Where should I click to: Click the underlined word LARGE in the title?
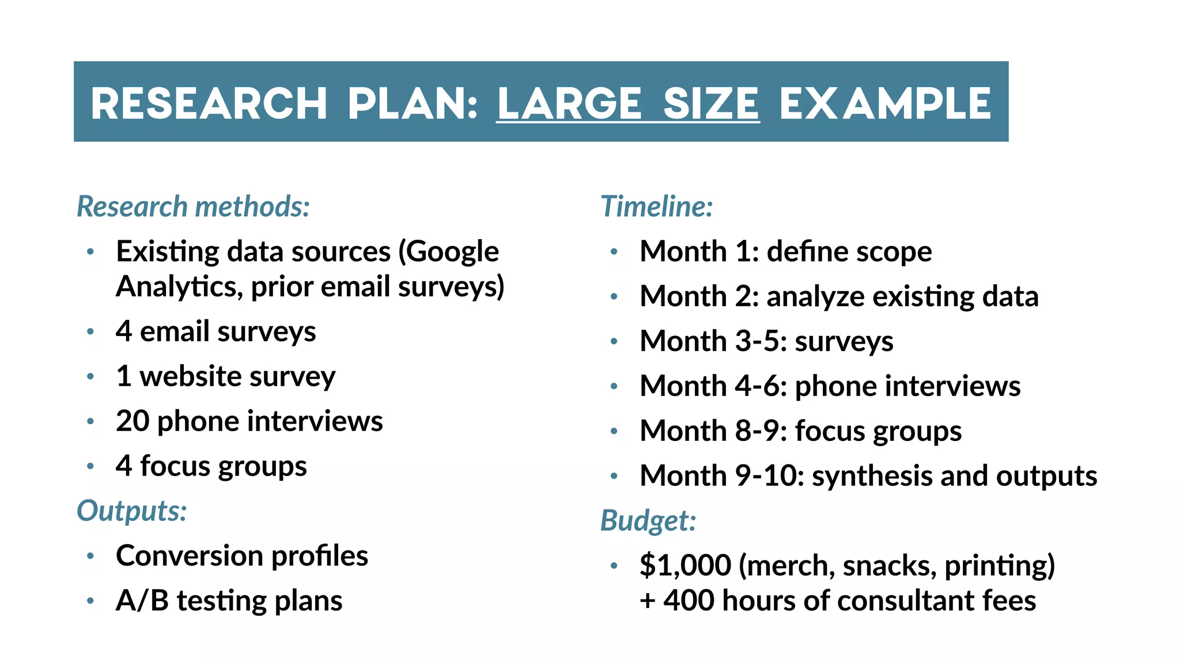click(569, 104)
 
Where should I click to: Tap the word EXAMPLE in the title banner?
click(885, 104)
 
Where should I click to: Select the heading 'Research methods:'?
click(194, 206)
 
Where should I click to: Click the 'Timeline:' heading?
click(657, 206)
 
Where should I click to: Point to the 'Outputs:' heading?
click(132, 511)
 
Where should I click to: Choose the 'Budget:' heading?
click(648, 520)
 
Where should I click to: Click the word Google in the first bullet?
click(453, 252)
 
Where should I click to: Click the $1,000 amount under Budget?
click(685, 565)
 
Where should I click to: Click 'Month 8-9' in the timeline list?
click(713, 431)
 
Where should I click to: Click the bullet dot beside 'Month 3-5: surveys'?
click(614, 341)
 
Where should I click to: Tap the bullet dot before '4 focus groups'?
click(90, 466)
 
